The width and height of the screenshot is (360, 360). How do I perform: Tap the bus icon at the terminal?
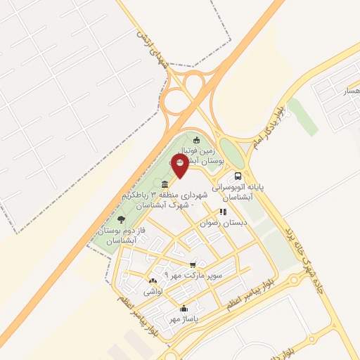point(238,176)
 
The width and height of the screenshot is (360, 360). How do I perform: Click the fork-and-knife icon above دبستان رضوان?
point(222,211)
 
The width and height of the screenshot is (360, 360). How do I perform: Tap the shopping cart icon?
point(193,264)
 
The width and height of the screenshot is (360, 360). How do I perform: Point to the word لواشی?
point(153,291)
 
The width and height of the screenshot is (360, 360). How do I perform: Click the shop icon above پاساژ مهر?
point(184,308)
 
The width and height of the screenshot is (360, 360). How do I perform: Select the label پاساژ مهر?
point(181,319)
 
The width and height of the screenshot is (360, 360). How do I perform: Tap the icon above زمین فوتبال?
point(196,139)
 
